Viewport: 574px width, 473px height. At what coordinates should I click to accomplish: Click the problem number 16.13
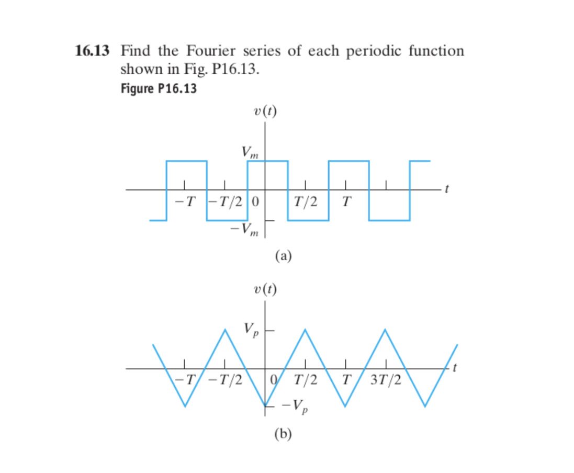pos(93,51)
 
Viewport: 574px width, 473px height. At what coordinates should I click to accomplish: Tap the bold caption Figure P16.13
pos(159,88)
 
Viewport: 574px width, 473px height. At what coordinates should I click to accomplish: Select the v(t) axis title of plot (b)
pos(264,289)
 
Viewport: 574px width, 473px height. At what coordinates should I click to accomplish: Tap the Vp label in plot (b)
pos(251,330)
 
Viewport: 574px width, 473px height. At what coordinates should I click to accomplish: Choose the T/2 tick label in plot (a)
pos(306,201)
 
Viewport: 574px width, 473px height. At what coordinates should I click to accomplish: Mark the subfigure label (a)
pos(283,255)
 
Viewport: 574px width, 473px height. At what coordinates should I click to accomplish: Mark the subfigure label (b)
pos(283,434)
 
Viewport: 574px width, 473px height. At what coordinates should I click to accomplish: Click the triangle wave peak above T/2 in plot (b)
pos(305,329)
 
